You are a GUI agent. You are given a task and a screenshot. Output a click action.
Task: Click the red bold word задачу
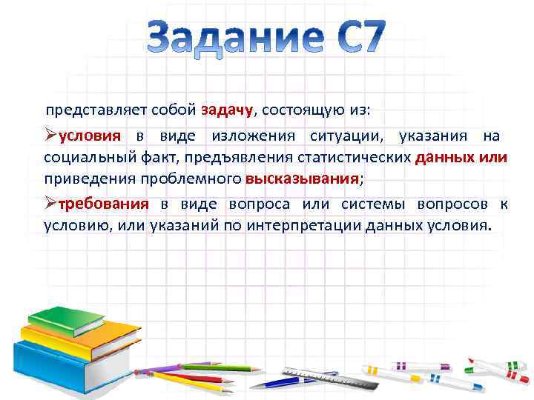pos(227,110)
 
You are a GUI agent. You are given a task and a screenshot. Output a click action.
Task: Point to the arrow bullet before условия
pos(50,136)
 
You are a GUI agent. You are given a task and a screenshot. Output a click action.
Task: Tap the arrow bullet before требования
pos(50,204)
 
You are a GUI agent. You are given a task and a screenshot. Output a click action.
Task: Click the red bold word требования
pos(103,204)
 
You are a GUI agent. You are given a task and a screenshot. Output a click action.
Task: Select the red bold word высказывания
pos(302,179)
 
